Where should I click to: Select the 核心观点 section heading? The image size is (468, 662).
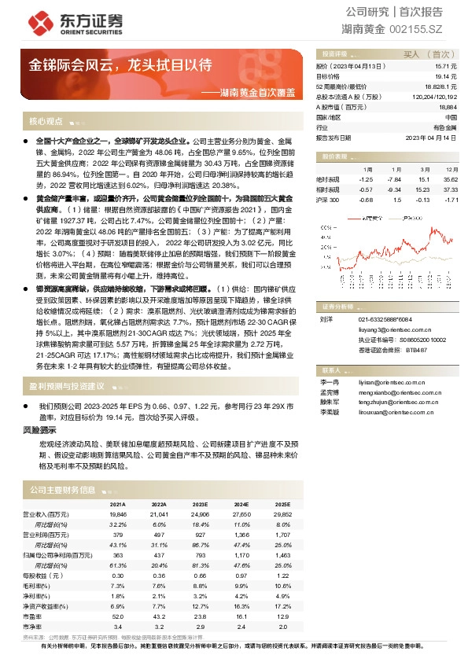46,121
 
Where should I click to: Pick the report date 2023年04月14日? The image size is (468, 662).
431,136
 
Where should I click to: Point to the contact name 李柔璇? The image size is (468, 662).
330,411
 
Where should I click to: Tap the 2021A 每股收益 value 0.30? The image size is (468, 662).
119,576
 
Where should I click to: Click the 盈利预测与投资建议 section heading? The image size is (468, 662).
67,386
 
